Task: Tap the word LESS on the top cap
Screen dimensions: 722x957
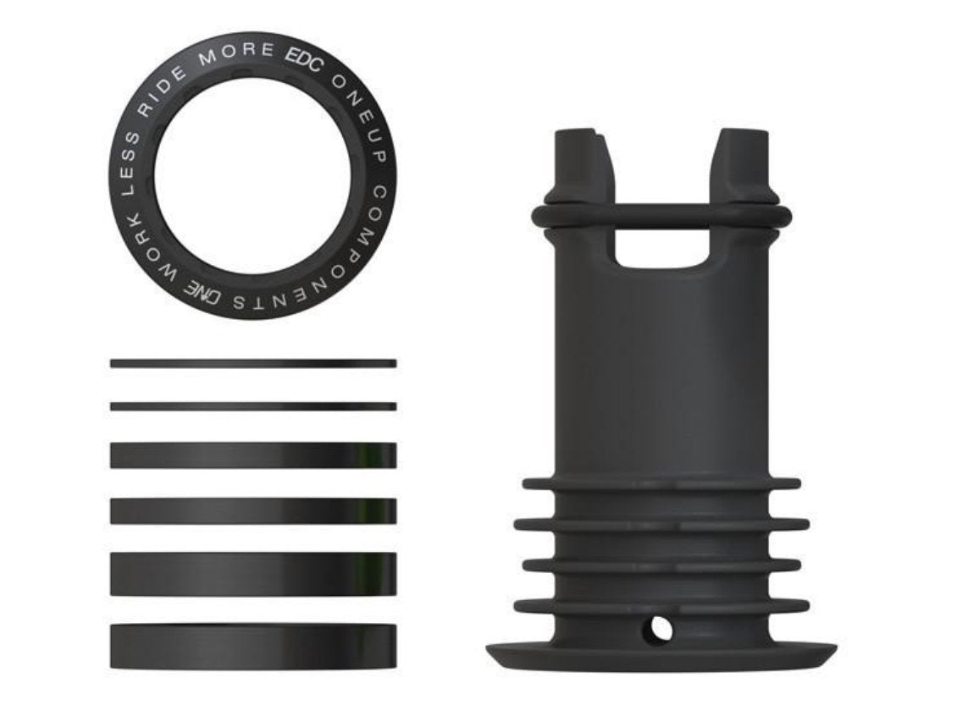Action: tap(125, 162)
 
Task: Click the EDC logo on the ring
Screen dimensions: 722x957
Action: tap(302, 62)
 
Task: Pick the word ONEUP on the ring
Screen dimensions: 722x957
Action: tap(353, 102)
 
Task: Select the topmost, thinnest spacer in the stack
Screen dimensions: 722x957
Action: tap(252, 363)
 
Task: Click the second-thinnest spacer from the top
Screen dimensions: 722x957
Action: tap(252, 406)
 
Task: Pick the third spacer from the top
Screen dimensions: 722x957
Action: tap(252, 455)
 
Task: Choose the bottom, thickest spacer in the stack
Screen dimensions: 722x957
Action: tap(252, 647)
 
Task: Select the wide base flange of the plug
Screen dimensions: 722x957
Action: tap(661, 655)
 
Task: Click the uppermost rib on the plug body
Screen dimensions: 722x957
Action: tap(661, 484)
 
